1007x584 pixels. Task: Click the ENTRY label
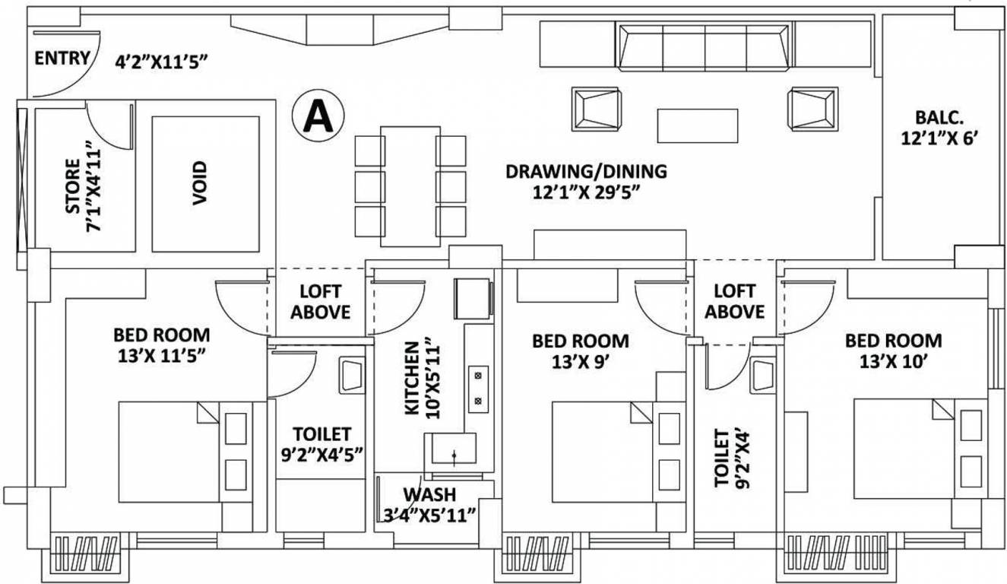pyautogui.click(x=62, y=59)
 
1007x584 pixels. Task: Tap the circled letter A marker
pyautogui.click(x=318, y=116)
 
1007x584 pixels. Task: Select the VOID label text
pyautogui.click(x=200, y=183)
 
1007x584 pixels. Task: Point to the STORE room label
pyautogui.click(x=73, y=186)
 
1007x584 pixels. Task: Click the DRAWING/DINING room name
pyautogui.click(x=586, y=171)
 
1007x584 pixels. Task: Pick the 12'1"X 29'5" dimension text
pyautogui.click(x=586, y=192)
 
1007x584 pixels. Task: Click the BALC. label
pyautogui.click(x=939, y=118)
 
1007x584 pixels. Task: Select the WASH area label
pyautogui.click(x=429, y=494)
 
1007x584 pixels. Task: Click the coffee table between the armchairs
pyautogui.click(x=697, y=126)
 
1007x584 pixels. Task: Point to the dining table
pyautogui.click(x=410, y=186)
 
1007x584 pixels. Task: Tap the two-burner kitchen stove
pyautogui.click(x=478, y=389)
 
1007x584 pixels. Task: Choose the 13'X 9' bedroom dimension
pyautogui.click(x=581, y=362)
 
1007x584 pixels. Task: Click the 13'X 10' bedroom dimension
pyautogui.click(x=893, y=362)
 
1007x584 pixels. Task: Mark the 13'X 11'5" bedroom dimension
pyautogui.click(x=162, y=356)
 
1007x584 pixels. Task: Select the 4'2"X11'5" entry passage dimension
pyautogui.click(x=163, y=62)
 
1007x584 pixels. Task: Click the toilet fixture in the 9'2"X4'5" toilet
pyautogui.click(x=352, y=375)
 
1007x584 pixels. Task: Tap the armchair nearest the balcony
pyautogui.click(x=812, y=109)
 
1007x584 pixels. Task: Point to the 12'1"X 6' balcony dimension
pyautogui.click(x=939, y=138)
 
